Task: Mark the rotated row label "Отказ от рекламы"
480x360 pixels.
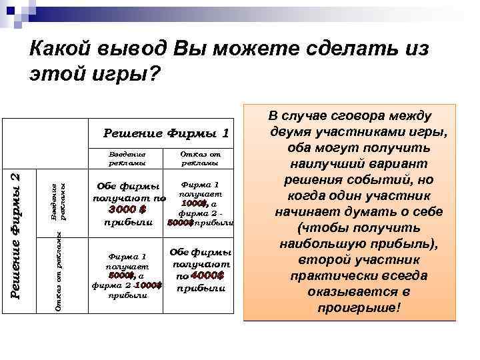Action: (59, 269)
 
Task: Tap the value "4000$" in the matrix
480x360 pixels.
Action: (208, 275)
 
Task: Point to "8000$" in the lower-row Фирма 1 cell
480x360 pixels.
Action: (121, 275)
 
